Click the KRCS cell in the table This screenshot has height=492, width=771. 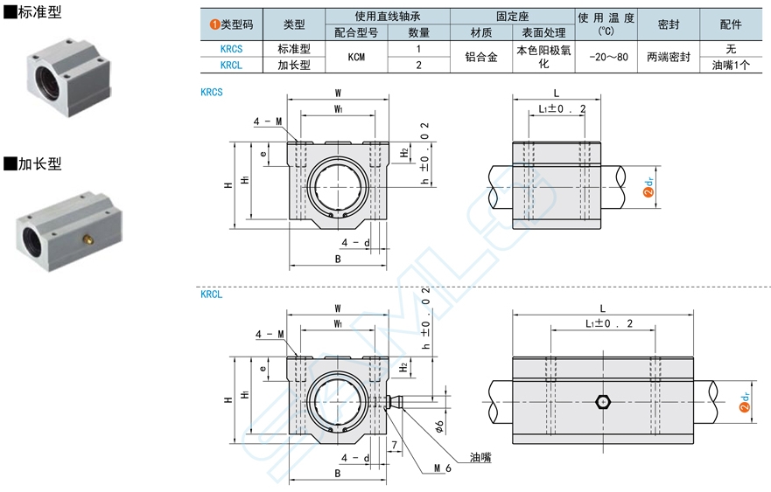[232, 50]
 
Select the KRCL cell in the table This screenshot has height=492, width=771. [232, 65]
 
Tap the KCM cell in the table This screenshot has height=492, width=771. [356, 57]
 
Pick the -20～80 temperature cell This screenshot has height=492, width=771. [606, 57]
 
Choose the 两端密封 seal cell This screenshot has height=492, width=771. [669, 57]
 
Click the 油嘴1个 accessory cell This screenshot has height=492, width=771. [731, 65]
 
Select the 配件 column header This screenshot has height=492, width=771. [731, 24]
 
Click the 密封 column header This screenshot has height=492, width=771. [669, 24]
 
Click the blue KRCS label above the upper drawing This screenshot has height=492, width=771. [212, 91]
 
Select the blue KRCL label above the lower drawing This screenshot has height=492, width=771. [212, 295]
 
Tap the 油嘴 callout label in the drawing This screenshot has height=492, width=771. [480, 457]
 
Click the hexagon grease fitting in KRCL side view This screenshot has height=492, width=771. [602, 401]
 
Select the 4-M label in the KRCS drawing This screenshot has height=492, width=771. [268, 122]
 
